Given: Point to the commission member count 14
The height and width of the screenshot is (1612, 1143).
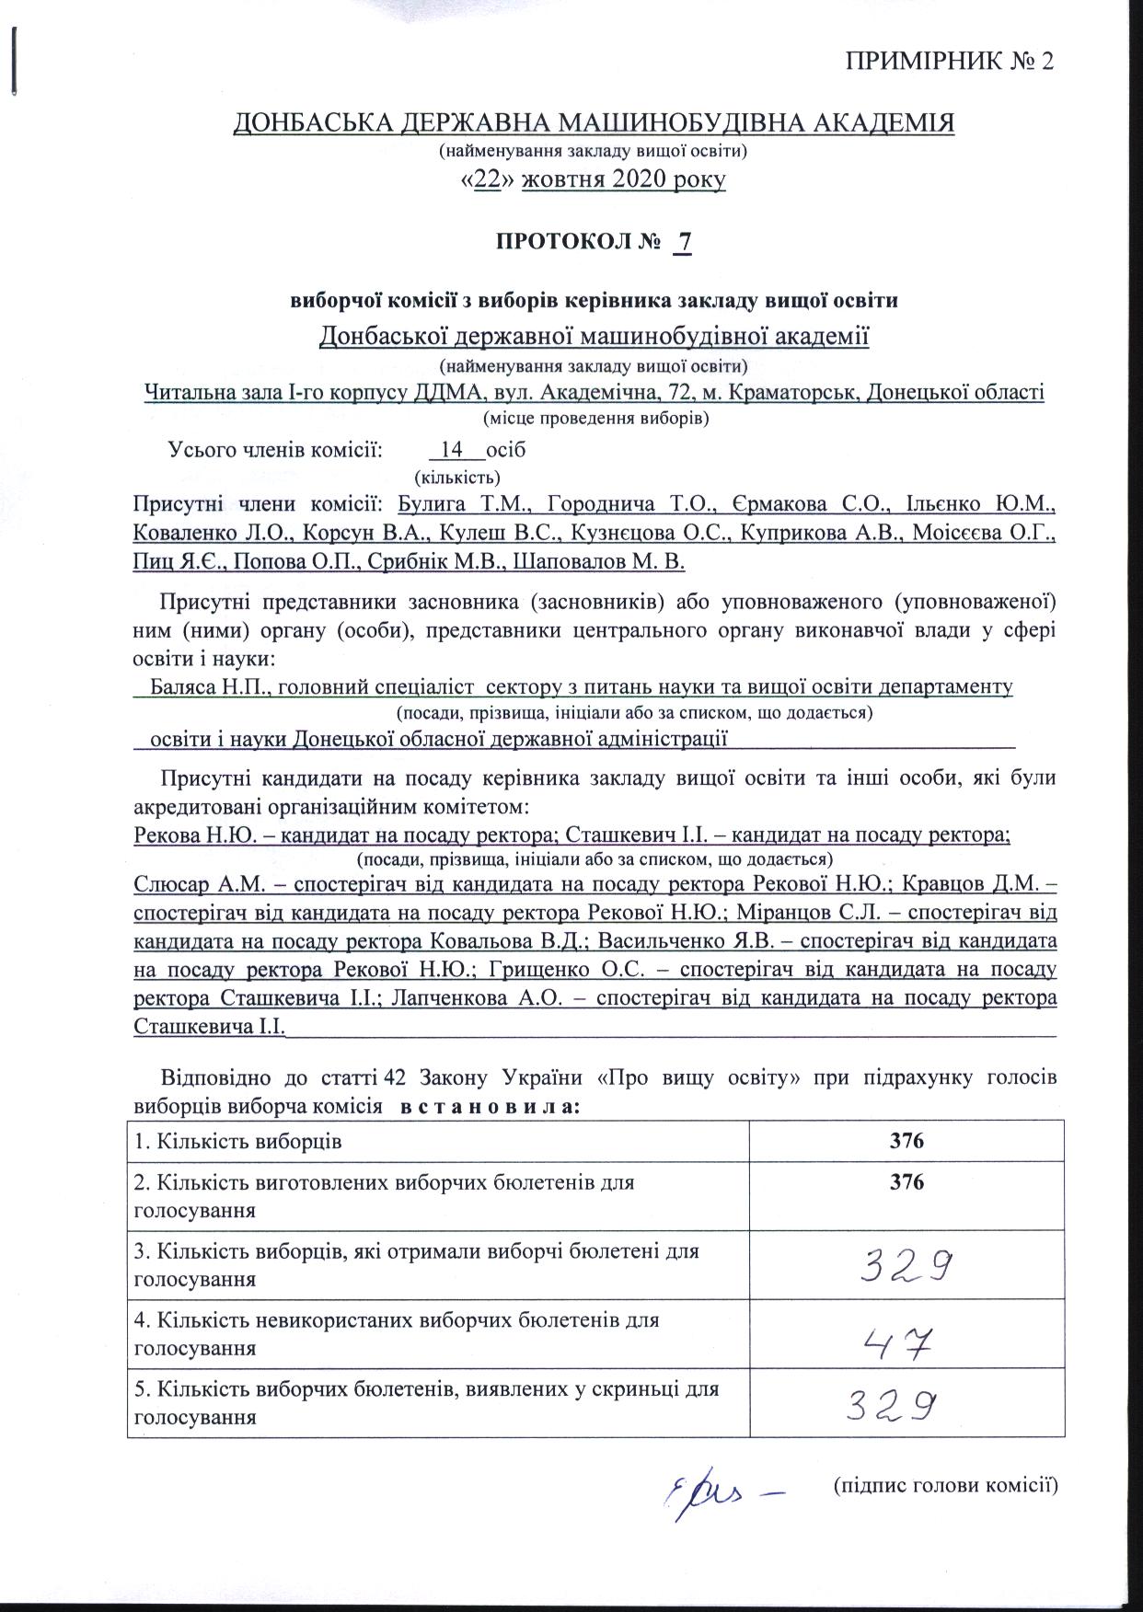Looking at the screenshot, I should point(452,450).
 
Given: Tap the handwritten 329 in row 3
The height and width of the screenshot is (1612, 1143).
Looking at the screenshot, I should point(905,1269).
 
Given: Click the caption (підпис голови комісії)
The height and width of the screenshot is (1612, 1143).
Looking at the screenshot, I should point(943,1484).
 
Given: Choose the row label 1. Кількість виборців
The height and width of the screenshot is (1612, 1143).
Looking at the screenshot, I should point(237,1142).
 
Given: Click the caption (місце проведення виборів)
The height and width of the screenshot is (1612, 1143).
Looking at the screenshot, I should point(595,418).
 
